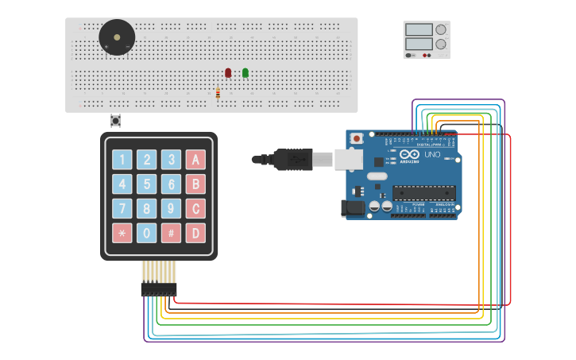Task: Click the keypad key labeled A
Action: click(x=195, y=160)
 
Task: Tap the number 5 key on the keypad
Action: click(x=146, y=184)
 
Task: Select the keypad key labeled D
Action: click(x=195, y=234)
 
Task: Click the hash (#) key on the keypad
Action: click(x=171, y=234)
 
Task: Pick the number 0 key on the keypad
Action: click(x=146, y=234)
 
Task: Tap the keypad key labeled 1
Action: click(x=122, y=160)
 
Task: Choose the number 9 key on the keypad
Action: click(x=171, y=209)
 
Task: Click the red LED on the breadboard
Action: click(x=228, y=72)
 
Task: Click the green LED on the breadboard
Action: click(x=245, y=72)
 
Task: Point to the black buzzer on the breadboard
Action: click(x=117, y=37)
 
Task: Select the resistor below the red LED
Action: click(x=218, y=93)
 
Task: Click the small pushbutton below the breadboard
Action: click(x=116, y=121)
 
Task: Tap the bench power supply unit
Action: click(x=426, y=40)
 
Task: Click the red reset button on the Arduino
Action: click(x=357, y=138)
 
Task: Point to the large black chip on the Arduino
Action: click(x=423, y=193)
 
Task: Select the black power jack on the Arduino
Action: click(x=354, y=207)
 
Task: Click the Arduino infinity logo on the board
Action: click(x=409, y=154)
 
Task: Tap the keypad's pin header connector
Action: click(x=159, y=290)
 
